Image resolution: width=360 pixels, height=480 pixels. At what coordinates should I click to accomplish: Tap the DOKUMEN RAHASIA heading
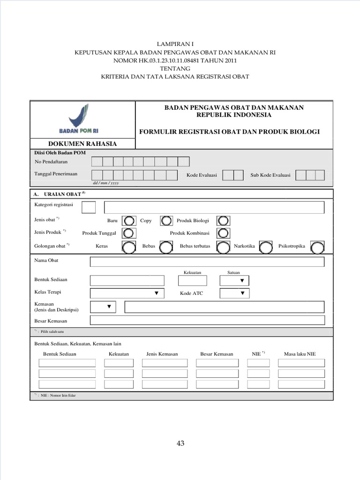click(82, 144)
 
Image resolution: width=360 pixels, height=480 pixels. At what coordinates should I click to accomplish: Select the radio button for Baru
click(127, 220)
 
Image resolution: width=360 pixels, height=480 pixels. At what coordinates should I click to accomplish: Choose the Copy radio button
click(166, 220)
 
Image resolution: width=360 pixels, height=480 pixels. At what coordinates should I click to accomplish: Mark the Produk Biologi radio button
click(224, 220)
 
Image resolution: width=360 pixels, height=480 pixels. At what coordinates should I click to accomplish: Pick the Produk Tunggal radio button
click(127, 233)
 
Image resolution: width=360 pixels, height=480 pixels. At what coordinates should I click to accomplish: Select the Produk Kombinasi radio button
click(224, 233)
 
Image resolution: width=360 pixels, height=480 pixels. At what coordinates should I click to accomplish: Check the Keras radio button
click(127, 246)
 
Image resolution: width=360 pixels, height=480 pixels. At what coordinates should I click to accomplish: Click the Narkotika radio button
click(266, 246)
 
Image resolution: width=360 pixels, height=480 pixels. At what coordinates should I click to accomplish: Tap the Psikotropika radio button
click(317, 247)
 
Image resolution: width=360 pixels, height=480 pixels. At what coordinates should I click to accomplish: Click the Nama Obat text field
click(207, 262)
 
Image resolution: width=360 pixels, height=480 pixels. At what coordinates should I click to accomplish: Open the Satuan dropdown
click(234, 280)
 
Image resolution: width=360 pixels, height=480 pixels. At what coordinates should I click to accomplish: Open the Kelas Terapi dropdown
click(127, 293)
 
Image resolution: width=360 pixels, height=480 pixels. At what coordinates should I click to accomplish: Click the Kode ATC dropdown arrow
click(242, 293)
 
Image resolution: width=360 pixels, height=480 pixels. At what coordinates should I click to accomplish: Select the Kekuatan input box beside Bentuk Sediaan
click(192, 280)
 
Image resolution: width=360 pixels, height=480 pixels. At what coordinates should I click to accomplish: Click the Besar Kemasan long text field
click(207, 321)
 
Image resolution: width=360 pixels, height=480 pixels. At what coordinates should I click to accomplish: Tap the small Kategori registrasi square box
click(89, 207)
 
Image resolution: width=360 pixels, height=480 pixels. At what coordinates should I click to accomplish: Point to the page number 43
click(180, 443)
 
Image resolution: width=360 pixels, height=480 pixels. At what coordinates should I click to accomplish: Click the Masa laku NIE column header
click(300, 354)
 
